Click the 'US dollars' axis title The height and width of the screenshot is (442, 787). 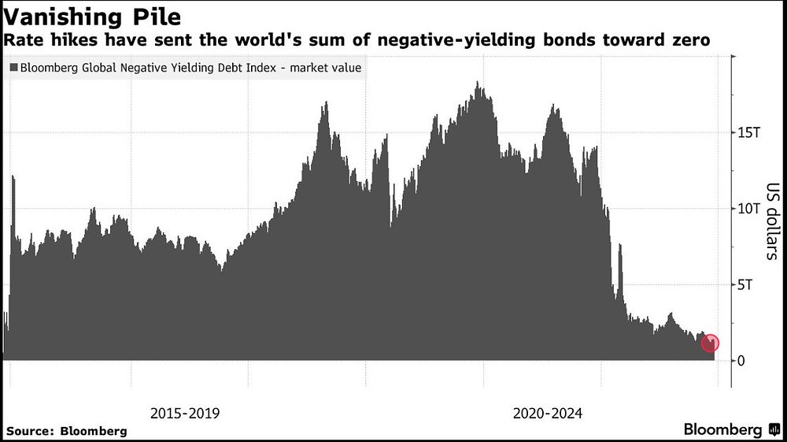(772, 221)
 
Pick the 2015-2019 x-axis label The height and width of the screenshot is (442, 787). (185, 413)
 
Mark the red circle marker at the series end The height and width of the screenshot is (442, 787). (710, 343)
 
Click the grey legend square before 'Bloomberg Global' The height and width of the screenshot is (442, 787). (14, 69)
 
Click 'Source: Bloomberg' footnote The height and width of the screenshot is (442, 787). (66, 431)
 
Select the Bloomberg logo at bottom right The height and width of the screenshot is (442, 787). (723, 429)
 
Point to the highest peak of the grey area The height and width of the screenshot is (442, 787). (477, 82)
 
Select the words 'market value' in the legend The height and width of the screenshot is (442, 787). (325, 69)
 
